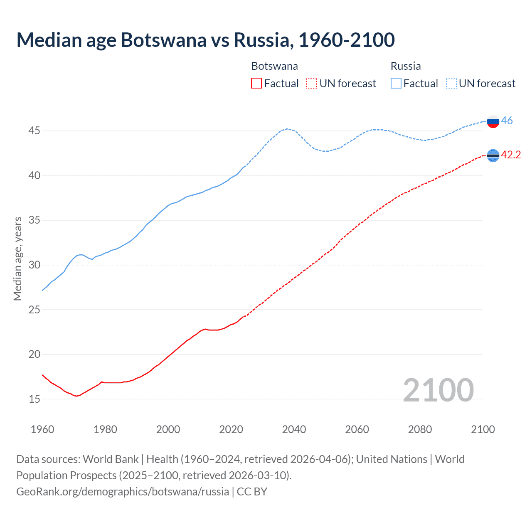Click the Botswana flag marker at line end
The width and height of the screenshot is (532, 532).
493,155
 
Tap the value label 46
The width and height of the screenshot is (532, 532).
507,121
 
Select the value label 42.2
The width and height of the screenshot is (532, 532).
511,155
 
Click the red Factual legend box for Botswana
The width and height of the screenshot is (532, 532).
256,84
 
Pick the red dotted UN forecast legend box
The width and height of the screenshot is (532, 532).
312,84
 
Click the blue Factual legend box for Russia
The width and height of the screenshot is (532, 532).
396,84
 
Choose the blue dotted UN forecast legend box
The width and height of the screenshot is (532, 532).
451,84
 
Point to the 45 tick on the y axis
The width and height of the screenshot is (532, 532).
34,131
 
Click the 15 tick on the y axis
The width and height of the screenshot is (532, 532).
34,399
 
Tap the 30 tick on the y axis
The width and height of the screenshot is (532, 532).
34,265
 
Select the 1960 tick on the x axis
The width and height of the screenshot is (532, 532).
42,429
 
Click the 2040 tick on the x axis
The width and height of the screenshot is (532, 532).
294,429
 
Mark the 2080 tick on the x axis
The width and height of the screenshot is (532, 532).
420,429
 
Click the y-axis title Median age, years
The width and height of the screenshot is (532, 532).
17,259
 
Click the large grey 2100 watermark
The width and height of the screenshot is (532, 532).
438,390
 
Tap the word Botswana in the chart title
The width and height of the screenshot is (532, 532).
163,40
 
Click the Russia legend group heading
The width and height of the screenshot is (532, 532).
406,66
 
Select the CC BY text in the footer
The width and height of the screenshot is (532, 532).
252,492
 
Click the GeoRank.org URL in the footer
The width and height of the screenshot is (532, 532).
123,492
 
